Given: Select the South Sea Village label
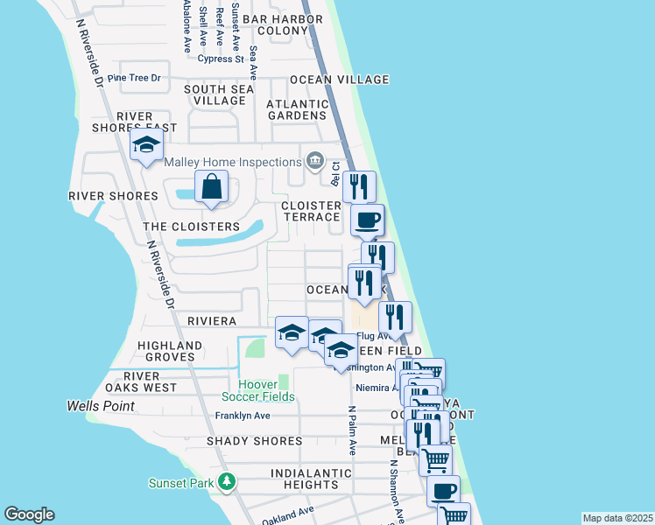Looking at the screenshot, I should [219, 94].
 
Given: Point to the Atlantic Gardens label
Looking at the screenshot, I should [297, 109].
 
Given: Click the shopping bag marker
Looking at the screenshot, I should [211, 186].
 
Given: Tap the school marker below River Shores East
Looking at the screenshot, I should [147, 145].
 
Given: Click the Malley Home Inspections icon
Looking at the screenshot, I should [315, 160].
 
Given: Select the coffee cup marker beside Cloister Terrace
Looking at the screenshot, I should [367, 220].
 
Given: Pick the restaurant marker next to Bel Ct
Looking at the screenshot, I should [359, 186].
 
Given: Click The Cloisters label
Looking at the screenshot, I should [191, 227].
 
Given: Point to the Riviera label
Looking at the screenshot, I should [211, 322].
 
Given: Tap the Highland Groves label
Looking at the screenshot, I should [166, 351].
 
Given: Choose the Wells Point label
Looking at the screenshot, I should [101, 406].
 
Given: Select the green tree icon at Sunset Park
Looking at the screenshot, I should [227, 481].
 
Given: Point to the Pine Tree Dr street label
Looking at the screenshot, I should [134, 78].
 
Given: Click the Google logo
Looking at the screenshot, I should [29, 514].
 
